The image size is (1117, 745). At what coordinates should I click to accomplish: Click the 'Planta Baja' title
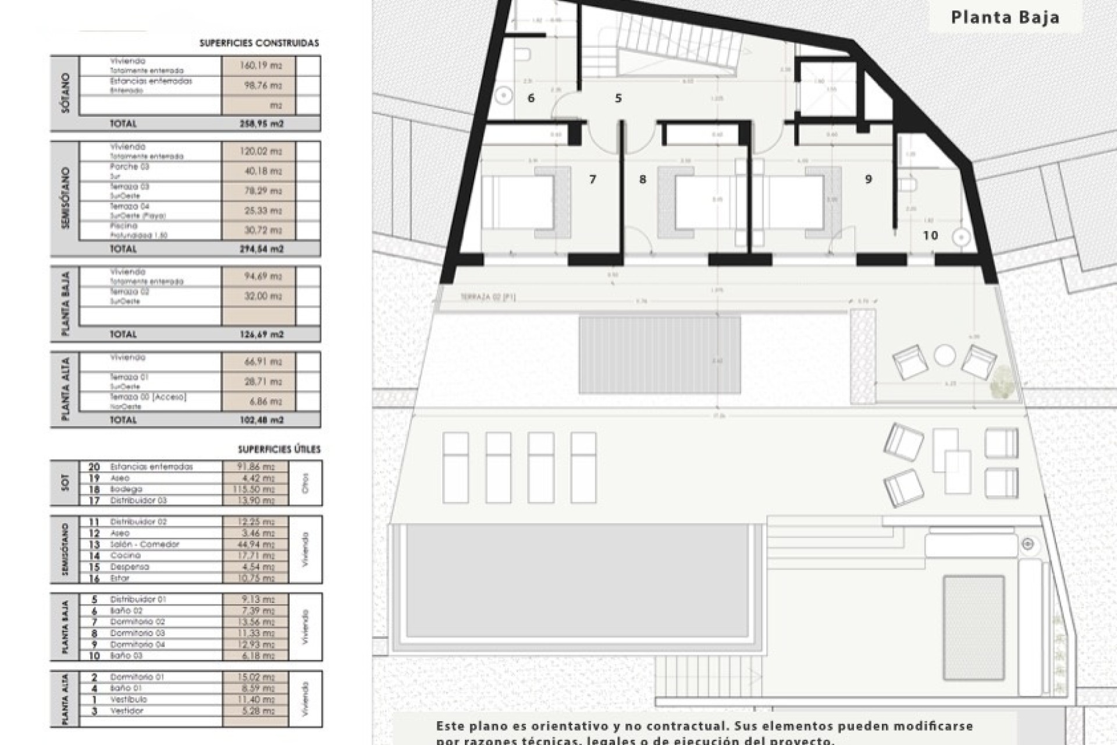pyautogui.click(x=1005, y=17)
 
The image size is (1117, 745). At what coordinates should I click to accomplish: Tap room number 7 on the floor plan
pyautogui.click(x=592, y=179)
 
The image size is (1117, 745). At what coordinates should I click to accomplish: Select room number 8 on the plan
pyautogui.click(x=642, y=179)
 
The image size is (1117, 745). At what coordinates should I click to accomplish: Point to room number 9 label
pyautogui.click(x=868, y=179)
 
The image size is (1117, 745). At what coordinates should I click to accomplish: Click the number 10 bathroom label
pyautogui.click(x=930, y=235)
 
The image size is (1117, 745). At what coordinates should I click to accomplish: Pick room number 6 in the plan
pyautogui.click(x=531, y=98)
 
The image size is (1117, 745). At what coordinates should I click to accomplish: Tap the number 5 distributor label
pyautogui.click(x=618, y=98)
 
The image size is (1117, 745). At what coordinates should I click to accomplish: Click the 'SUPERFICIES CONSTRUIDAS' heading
pyautogui.click(x=259, y=43)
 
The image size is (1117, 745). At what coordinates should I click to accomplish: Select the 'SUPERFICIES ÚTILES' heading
pyautogui.click(x=279, y=449)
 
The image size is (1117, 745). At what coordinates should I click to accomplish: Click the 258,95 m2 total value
pyautogui.click(x=261, y=124)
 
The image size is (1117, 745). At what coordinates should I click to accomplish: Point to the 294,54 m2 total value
pyautogui.click(x=261, y=249)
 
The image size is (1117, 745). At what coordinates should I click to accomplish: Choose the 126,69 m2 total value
pyautogui.click(x=261, y=335)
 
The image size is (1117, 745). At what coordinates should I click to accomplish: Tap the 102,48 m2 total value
pyautogui.click(x=261, y=420)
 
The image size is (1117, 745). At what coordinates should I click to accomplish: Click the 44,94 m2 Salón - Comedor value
pyautogui.click(x=257, y=544)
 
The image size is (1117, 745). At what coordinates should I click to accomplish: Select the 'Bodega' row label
pyautogui.click(x=126, y=489)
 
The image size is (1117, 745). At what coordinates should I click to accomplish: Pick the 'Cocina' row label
pyautogui.click(x=125, y=555)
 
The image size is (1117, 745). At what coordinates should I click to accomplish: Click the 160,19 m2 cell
pyautogui.click(x=260, y=66)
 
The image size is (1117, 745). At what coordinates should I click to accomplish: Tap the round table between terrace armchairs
pyautogui.click(x=944, y=356)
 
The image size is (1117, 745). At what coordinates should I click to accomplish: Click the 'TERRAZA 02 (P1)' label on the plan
pyautogui.click(x=488, y=297)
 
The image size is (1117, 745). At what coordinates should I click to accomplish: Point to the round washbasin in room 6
pyautogui.click(x=504, y=95)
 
